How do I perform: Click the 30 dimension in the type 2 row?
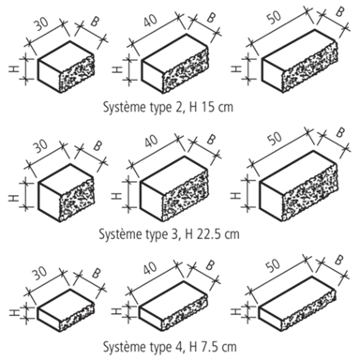(40, 24)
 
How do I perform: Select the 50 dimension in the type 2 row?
(275, 18)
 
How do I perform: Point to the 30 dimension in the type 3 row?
(40, 145)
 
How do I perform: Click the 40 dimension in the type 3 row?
(151, 142)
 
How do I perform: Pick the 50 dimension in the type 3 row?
(275, 138)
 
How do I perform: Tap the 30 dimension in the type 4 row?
(40, 273)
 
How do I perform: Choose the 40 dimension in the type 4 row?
(150, 268)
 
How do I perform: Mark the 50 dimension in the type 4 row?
(273, 264)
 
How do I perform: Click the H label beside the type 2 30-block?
(13, 68)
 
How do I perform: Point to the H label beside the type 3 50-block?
(235, 195)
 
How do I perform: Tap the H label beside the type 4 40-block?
(116, 311)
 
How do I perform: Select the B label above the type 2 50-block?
(339, 11)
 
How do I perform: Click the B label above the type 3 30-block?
(97, 145)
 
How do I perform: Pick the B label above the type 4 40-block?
(210, 265)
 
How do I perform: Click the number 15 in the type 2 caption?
(208, 107)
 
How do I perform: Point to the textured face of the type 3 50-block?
(310, 192)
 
